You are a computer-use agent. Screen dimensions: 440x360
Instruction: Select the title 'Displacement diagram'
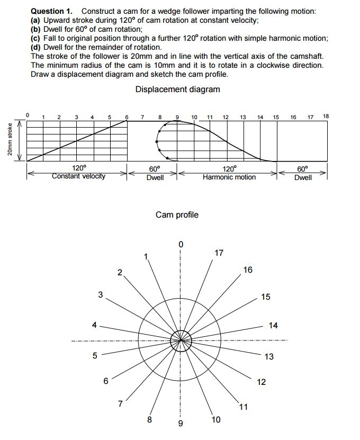click(x=177, y=89)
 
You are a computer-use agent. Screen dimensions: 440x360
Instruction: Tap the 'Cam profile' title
click(x=177, y=214)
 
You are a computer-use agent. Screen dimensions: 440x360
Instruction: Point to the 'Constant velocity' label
click(x=78, y=176)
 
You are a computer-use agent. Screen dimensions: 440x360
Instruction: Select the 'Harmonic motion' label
click(x=229, y=177)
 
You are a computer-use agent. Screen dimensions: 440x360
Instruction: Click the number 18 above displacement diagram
click(x=326, y=116)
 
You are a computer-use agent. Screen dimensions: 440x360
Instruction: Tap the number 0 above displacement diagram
click(x=29, y=112)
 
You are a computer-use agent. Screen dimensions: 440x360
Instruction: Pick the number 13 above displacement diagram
click(x=242, y=116)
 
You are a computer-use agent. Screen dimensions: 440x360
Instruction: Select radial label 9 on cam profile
click(x=180, y=424)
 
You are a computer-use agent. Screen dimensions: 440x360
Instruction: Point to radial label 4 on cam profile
click(x=94, y=325)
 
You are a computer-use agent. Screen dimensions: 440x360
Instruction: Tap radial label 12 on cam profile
click(x=262, y=382)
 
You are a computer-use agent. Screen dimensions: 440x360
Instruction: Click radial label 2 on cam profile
click(x=120, y=273)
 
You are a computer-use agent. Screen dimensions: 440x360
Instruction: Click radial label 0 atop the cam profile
click(x=181, y=244)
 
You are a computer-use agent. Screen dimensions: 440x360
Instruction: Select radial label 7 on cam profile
click(x=121, y=404)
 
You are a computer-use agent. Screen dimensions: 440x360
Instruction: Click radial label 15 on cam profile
click(x=266, y=297)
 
